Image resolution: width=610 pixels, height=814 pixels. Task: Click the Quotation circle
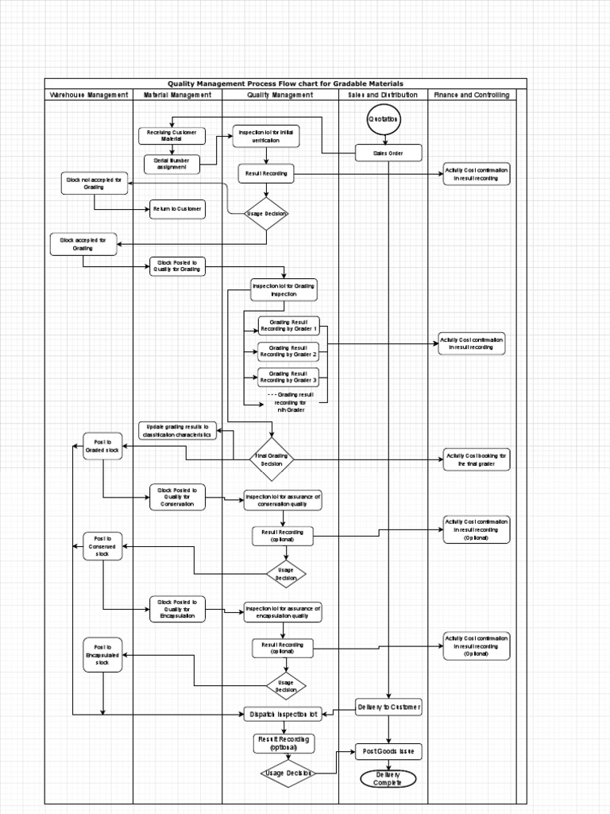[384, 119]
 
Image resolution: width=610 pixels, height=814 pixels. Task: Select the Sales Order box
[388, 153]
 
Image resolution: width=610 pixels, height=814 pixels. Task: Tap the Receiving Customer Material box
[172, 136]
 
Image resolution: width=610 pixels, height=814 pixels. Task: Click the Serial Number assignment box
[172, 164]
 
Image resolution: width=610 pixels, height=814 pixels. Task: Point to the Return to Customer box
[177, 209]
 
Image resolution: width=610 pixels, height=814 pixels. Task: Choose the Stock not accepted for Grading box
[95, 184]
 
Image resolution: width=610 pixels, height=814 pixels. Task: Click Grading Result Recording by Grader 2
[288, 351]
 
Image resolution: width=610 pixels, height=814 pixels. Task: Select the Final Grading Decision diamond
[272, 459]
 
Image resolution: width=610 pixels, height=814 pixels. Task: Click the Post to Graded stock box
[102, 446]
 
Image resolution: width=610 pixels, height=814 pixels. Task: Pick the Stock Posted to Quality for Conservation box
[177, 497]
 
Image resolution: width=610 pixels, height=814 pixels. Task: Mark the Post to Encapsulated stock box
[102, 654]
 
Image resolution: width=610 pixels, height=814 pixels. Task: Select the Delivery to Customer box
[388, 707]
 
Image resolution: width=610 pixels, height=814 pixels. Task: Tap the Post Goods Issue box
[388, 751]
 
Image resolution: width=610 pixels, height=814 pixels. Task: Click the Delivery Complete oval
[388, 778]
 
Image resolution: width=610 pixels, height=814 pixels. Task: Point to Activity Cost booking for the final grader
[477, 459]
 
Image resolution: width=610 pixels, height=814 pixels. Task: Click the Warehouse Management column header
[89, 95]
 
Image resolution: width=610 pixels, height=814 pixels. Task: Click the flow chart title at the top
[285, 83]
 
